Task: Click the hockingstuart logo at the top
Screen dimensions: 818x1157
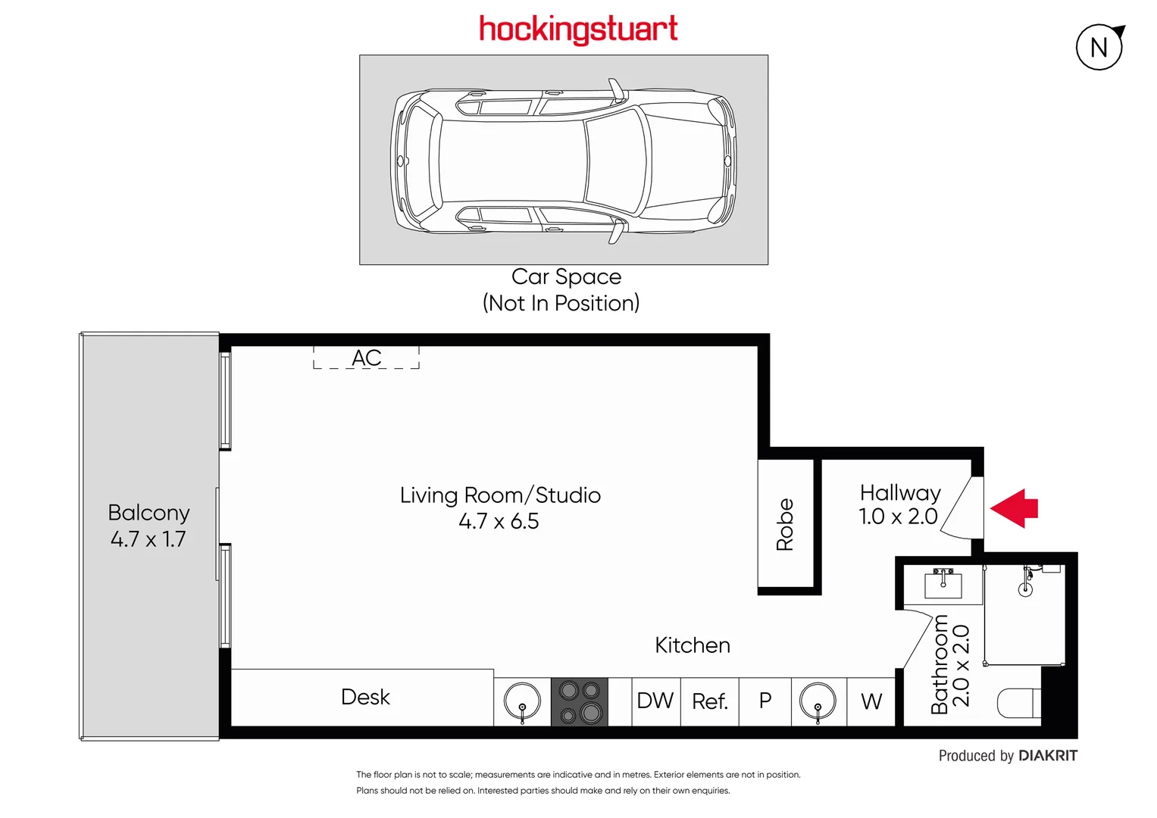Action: tap(578, 30)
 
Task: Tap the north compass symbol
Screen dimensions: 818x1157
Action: tap(1099, 47)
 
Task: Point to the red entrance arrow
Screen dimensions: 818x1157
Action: tap(1015, 508)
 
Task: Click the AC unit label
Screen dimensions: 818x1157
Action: tap(367, 357)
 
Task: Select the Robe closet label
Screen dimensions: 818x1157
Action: tap(785, 524)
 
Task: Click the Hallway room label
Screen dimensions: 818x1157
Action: tap(900, 493)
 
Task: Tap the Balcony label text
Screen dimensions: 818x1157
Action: tap(149, 513)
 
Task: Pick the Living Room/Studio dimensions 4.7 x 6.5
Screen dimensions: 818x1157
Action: tap(499, 521)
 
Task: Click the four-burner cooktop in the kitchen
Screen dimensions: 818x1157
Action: tap(580, 702)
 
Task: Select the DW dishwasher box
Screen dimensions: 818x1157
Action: tap(655, 701)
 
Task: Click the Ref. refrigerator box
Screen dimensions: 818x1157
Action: tap(710, 701)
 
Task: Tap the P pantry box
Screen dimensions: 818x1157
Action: tap(765, 701)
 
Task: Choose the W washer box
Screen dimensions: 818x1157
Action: tap(871, 701)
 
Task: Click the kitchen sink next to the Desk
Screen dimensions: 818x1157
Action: tap(522, 701)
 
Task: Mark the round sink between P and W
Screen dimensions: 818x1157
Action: tap(818, 701)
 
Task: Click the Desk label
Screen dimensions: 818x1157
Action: tap(365, 697)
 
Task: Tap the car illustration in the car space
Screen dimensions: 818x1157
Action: tap(564, 161)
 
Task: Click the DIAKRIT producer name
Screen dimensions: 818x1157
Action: tap(1048, 755)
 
